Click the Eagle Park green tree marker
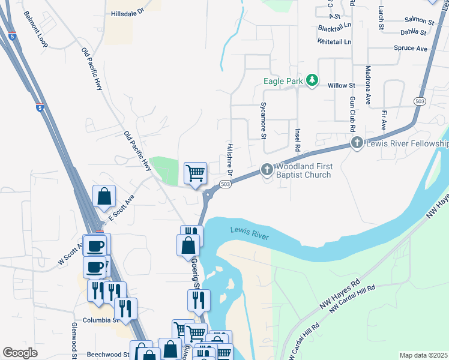point(312,80)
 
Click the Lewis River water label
point(249,234)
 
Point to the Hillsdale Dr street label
point(128,12)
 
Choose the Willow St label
point(342,85)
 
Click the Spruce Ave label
point(411,48)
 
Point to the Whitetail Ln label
point(335,42)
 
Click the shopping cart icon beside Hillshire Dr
point(195,173)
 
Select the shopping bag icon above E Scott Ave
point(104,196)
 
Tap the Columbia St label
point(99,320)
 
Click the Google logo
point(20,353)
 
